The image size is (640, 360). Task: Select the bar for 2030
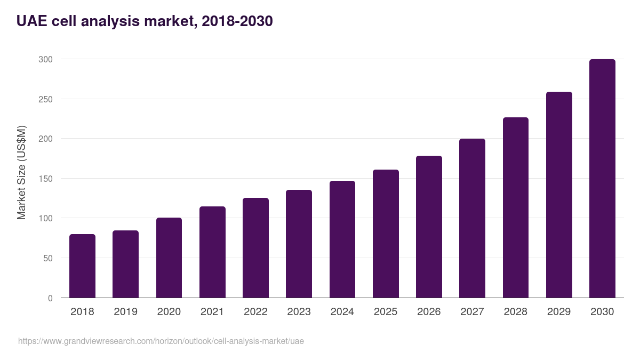[602, 179]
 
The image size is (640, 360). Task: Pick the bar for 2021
[212, 252]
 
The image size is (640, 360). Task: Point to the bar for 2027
[472, 218]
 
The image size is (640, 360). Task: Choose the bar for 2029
[559, 195]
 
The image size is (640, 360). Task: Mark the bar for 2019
[125, 264]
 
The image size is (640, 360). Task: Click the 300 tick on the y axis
[45, 59]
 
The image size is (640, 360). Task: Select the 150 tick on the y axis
[45, 179]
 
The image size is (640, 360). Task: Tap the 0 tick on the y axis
[50, 298]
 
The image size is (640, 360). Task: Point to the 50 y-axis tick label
[47, 258]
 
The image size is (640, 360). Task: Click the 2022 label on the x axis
[255, 312]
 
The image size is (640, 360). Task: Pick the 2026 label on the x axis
[429, 312]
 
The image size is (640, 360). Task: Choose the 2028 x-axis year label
[516, 312]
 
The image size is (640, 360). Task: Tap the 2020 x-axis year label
[169, 312]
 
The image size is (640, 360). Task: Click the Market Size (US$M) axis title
[21, 172]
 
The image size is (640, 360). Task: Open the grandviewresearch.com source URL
[161, 341]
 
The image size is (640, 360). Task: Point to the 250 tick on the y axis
[45, 99]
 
